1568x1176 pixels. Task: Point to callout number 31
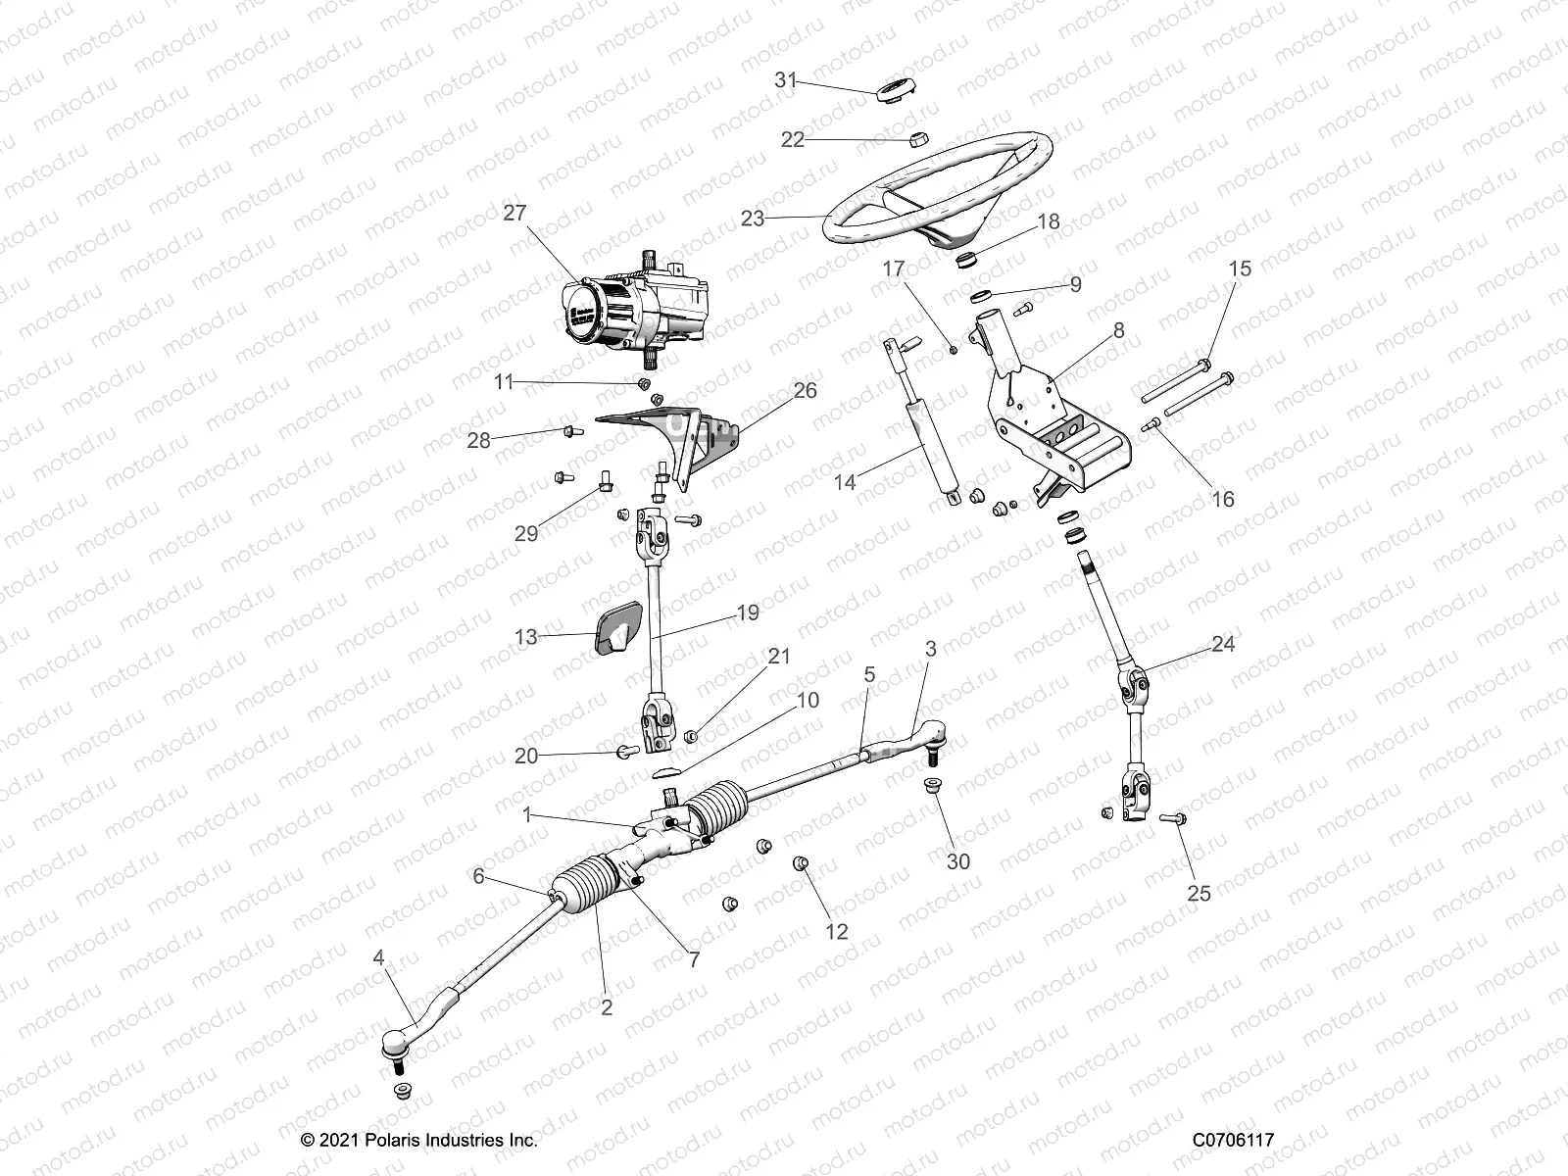tap(786, 80)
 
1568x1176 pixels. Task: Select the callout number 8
tap(1118, 331)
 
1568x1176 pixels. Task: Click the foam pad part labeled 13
tap(616, 629)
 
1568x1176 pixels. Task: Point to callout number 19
tap(748, 613)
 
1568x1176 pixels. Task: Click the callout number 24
tap(1223, 644)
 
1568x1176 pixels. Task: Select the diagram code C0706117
tap(1233, 1141)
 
